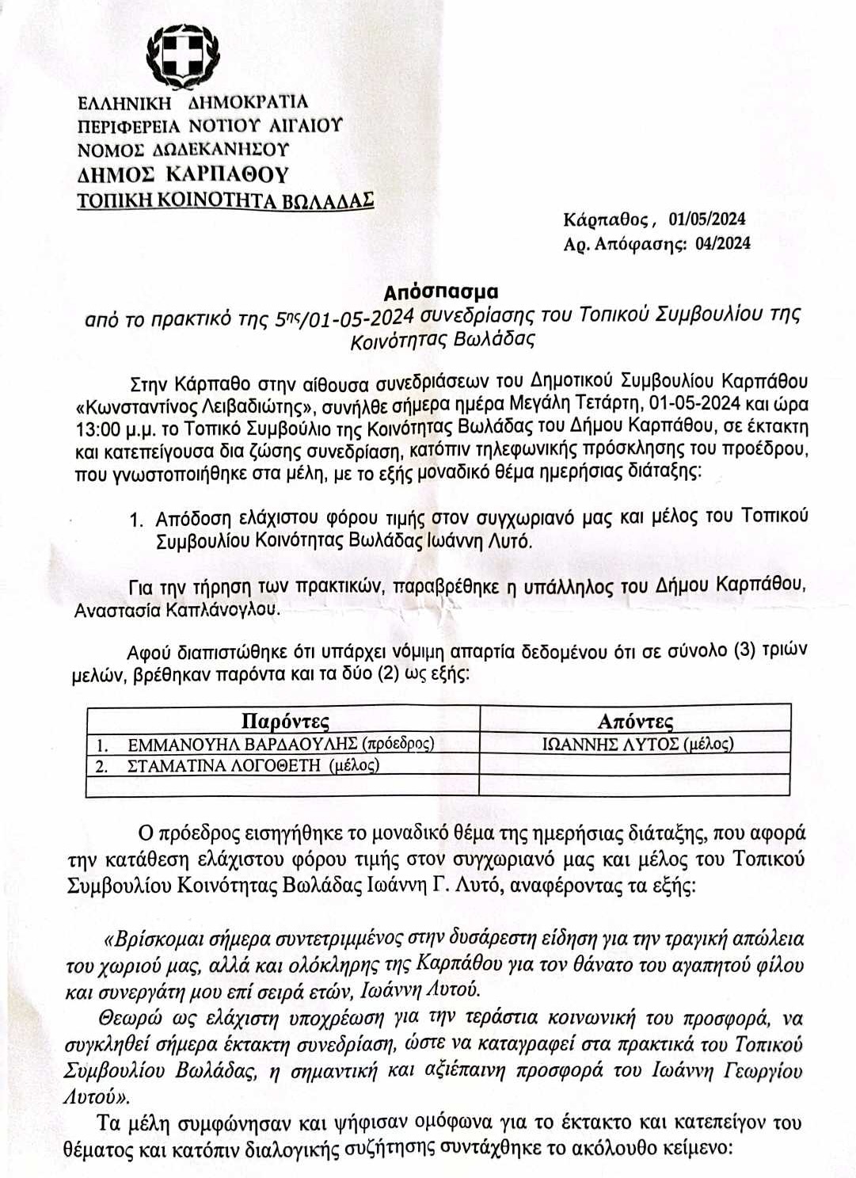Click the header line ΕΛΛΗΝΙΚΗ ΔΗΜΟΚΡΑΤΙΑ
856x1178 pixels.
pos(192,102)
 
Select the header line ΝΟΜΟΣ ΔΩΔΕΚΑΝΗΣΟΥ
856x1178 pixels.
pos(183,149)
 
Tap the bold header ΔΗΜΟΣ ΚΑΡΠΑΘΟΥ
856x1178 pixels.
pos(183,174)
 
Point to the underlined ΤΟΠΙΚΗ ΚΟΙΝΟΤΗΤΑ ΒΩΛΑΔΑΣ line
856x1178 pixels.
pos(225,200)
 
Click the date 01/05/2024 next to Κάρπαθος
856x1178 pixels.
pos(706,219)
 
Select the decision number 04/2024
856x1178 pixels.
pos(722,243)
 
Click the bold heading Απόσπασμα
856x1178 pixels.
pos(441,291)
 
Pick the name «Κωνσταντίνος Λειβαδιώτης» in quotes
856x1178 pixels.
pos(188,406)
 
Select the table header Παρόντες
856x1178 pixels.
pos(284,721)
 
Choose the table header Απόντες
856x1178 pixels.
pos(635,721)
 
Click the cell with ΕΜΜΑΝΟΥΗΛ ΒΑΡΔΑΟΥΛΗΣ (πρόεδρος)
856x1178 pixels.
pos(281,745)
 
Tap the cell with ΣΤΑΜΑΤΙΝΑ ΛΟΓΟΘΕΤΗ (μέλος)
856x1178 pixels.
pos(253,765)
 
